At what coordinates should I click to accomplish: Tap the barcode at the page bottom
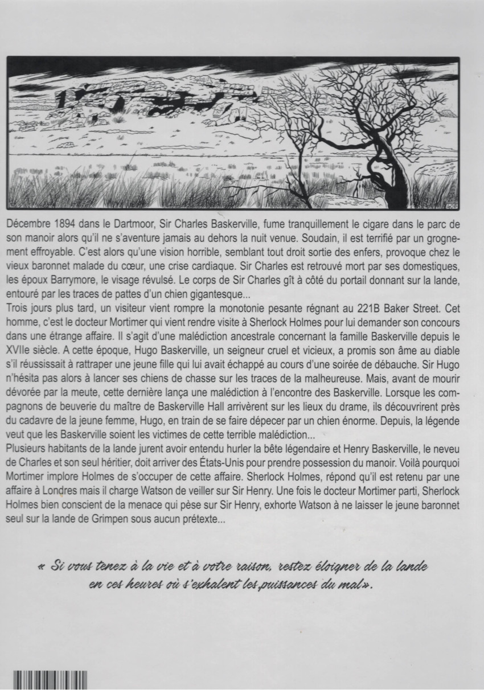tap(50, 680)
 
